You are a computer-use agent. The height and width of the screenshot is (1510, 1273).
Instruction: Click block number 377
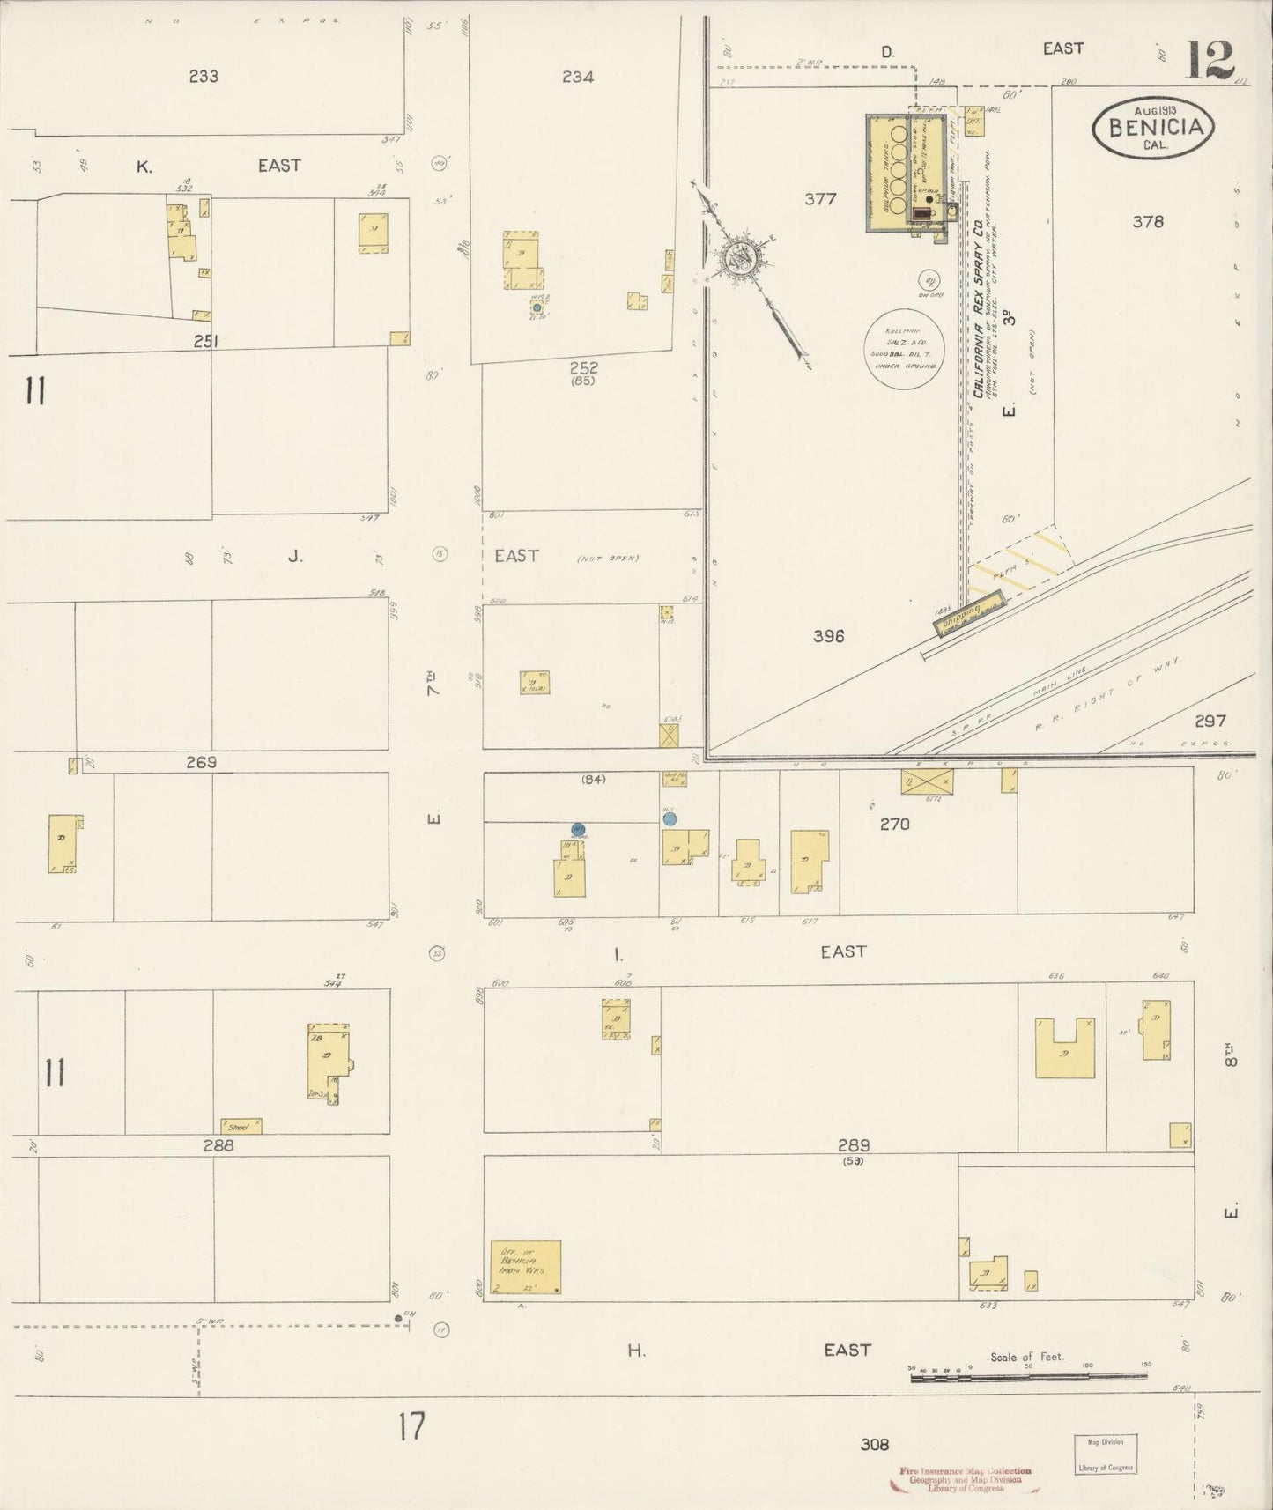pyautogui.click(x=820, y=199)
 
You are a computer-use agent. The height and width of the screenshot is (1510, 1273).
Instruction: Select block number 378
pyautogui.click(x=1148, y=222)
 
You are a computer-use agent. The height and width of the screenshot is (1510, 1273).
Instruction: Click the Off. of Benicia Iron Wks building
pyautogui.click(x=526, y=1268)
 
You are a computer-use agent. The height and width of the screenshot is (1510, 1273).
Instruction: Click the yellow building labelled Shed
pyautogui.click(x=241, y=1126)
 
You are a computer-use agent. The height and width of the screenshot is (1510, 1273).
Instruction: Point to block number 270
pyautogui.click(x=894, y=825)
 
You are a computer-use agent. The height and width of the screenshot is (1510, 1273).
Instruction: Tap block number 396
pyautogui.click(x=828, y=635)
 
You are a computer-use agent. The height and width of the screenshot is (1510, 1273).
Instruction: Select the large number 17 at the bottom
pyautogui.click(x=411, y=1426)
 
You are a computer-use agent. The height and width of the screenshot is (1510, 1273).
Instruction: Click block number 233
pyautogui.click(x=204, y=77)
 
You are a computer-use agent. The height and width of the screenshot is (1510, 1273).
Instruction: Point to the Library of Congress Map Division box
pyautogui.click(x=1105, y=1454)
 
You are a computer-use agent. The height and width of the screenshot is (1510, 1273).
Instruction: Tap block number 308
pyautogui.click(x=874, y=1444)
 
